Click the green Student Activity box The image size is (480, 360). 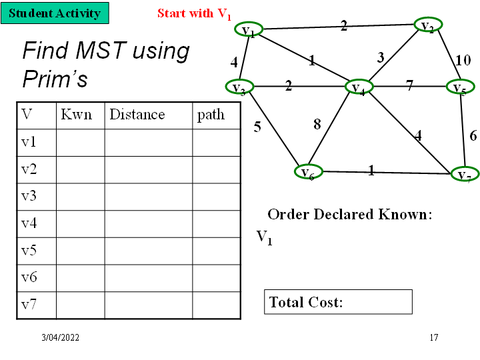pyautogui.click(x=55, y=13)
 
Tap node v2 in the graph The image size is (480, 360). pyautogui.click(x=428, y=26)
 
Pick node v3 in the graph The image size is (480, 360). pyautogui.click(x=239, y=87)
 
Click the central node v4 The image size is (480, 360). pyautogui.click(x=358, y=87)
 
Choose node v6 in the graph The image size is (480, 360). pyautogui.click(x=308, y=172)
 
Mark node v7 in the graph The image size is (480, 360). pyautogui.click(x=464, y=175)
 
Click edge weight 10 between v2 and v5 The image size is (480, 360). pyautogui.click(x=463, y=61)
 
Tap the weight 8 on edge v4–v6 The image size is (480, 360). pyautogui.click(x=317, y=124)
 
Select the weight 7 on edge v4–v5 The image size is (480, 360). pyautogui.click(x=409, y=85)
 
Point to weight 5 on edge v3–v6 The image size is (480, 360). pyautogui.click(x=257, y=127)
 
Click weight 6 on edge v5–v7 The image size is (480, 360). pyautogui.click(x=473, y=135)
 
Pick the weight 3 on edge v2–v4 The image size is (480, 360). pyautogui.click(x=381, y=58)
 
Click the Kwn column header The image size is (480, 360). pyautogui.click(x=76, y=115)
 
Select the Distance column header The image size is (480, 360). pyautogui.click(x=137, y=115)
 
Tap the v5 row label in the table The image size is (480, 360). pyautogui.click(x=29, y=251)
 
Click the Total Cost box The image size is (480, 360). pyautogui.click(x=338, y=302)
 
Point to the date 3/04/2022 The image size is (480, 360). pyautogui.click(x=61, y=338)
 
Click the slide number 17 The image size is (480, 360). pyautogui.click(x=434, y=338)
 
